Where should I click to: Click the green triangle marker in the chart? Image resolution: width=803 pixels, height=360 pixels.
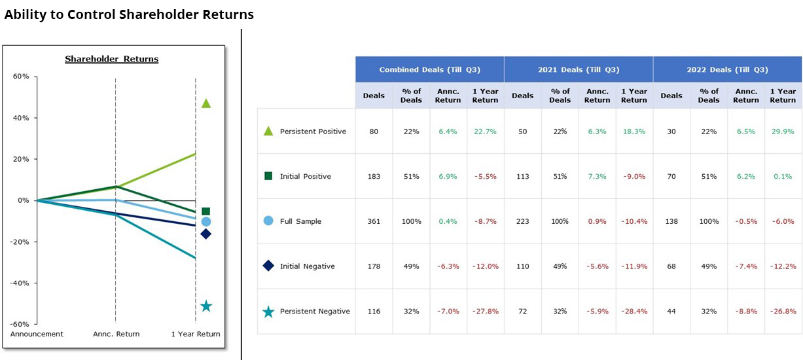click(x=206, y=103)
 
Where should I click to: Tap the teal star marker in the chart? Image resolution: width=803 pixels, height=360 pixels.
click(x=206, y=306)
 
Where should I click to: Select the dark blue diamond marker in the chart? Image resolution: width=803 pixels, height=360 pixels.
click(x=206, y=234)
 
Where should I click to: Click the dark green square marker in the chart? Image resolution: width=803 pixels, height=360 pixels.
click(x=206, y=211)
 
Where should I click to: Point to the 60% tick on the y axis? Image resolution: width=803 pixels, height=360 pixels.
click(x=21, y=77)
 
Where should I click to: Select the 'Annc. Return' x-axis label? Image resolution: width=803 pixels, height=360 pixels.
click(x=116, y=334)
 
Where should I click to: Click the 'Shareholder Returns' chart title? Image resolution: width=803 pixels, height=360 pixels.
click(x=111, y=59)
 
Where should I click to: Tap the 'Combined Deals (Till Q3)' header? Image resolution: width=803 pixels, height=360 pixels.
click(x=429, y=69)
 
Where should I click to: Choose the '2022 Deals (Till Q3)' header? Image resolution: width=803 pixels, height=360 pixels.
click(x=727, y=69)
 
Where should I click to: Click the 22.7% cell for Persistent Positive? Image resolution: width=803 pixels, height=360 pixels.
click(x=485, y=132)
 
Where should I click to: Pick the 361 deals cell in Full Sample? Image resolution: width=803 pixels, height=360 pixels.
click(x=374, y=222)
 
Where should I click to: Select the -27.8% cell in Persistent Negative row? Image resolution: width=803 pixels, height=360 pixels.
click(x=485, y=312)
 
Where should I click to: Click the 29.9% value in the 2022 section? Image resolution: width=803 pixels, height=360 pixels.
click(x=782, y=132)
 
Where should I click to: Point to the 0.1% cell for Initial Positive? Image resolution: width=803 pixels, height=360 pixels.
click(x=782, y=177)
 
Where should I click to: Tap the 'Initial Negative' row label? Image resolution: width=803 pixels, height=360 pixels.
click(x=307, y=266)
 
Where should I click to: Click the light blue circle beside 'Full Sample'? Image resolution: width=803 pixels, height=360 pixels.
click(x=268, y=221)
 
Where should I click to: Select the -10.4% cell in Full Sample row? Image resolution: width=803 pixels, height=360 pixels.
click(x=633, y=222)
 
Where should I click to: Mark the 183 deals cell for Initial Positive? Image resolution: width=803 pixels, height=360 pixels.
click(x=374, y=177)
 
